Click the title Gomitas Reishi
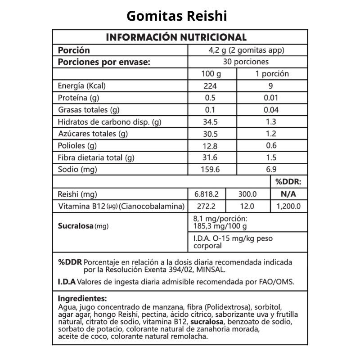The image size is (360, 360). pos(176,16)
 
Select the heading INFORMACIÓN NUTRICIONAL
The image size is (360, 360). pos(176,37)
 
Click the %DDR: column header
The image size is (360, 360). pos(288,182)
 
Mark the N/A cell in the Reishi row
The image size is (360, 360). pos(288,194)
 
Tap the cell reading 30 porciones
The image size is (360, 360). pos(246,62)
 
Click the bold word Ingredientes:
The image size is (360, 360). pos(82,298)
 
